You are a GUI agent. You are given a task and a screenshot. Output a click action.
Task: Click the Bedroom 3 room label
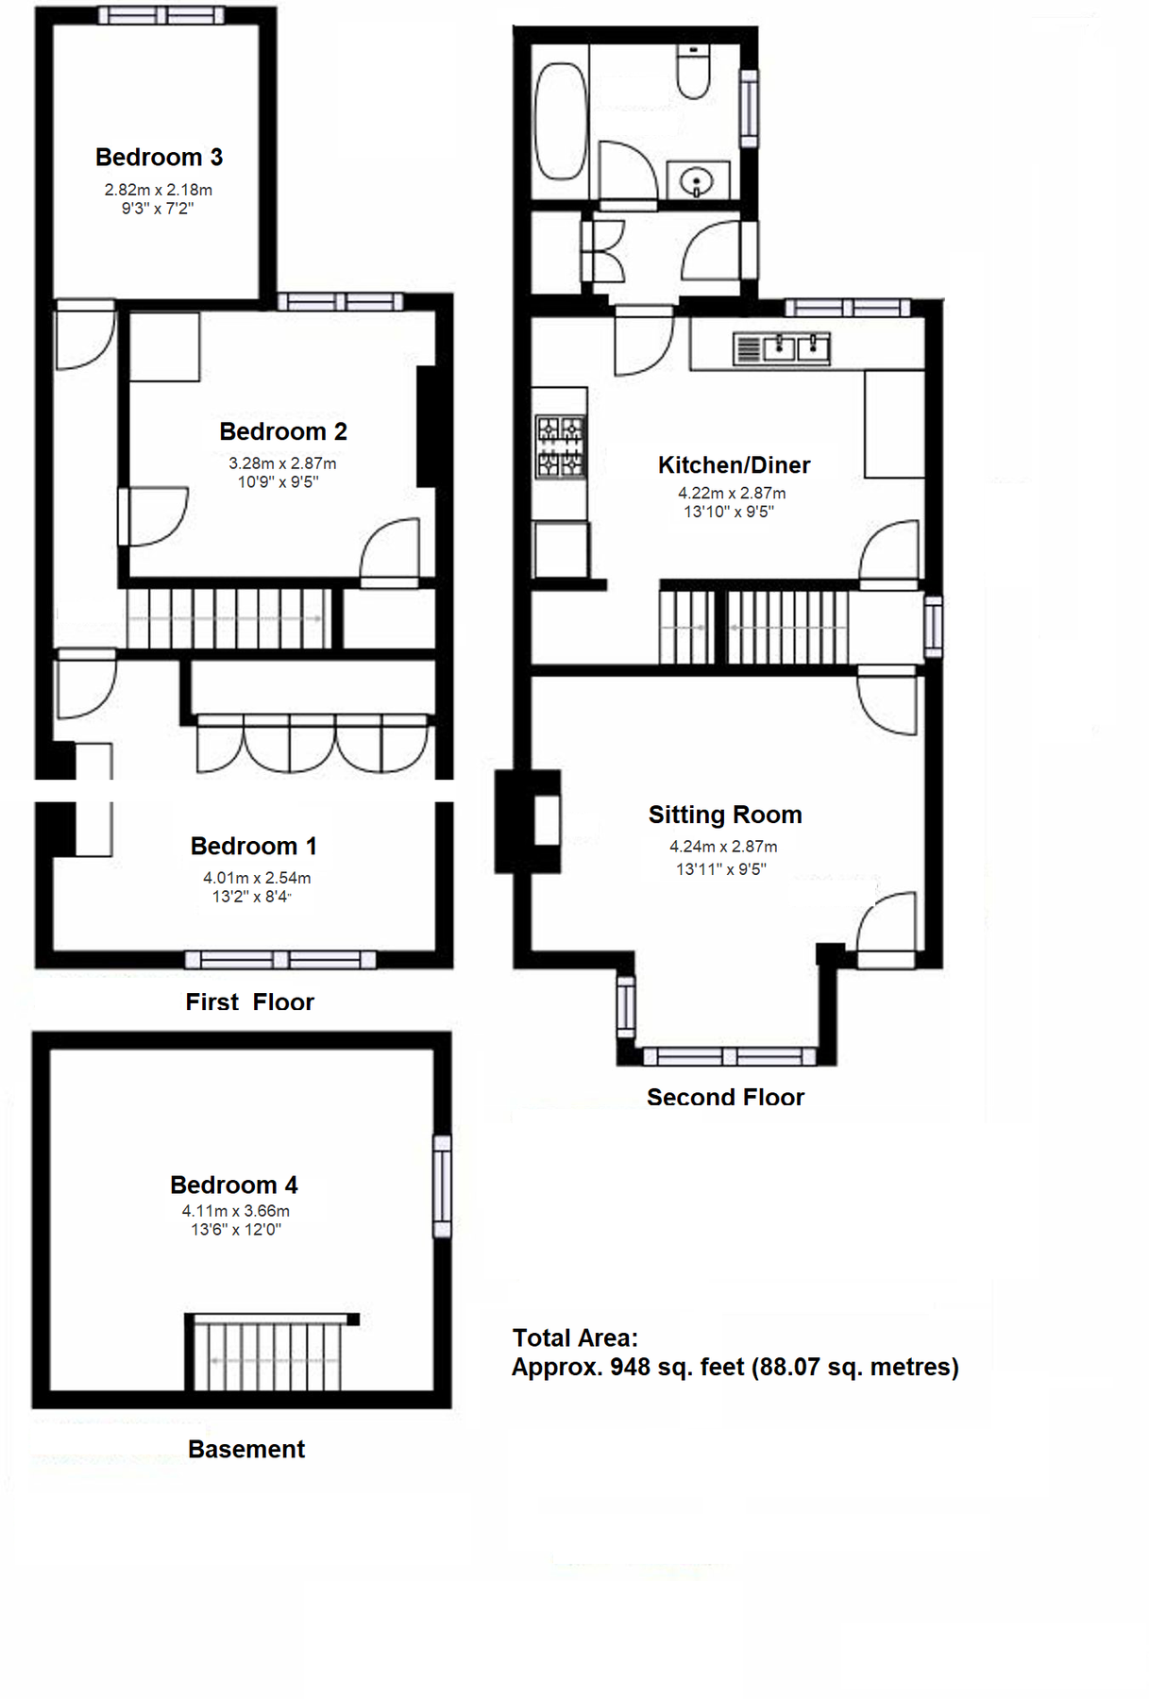point(159,157)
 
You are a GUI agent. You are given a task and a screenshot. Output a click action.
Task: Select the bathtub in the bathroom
point(561,121)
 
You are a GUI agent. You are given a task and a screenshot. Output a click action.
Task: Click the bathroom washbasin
point(698,179)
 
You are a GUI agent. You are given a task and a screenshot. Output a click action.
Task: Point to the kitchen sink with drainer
point(782,348)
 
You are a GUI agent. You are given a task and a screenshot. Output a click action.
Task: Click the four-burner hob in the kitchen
point(560,447)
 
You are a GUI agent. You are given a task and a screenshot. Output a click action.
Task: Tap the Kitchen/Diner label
point(734,464)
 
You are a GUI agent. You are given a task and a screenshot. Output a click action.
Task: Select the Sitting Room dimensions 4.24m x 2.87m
point(723,847)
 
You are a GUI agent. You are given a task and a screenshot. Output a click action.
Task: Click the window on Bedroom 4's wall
point(442,1186)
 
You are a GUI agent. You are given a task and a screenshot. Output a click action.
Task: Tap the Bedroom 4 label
point(233,1185)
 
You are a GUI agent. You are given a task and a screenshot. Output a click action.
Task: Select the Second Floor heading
point(725,1097)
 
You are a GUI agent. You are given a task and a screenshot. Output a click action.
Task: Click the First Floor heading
point(249,1001)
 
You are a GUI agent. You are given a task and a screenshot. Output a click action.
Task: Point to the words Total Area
point(575,1337)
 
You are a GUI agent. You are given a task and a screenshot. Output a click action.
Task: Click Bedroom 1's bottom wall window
point(280,960)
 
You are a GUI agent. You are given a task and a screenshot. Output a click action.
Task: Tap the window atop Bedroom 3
point(161,15)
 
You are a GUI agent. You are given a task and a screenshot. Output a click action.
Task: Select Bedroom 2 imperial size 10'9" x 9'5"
point(278,482)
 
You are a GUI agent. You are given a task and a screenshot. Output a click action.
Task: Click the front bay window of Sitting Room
point(728,1056)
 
